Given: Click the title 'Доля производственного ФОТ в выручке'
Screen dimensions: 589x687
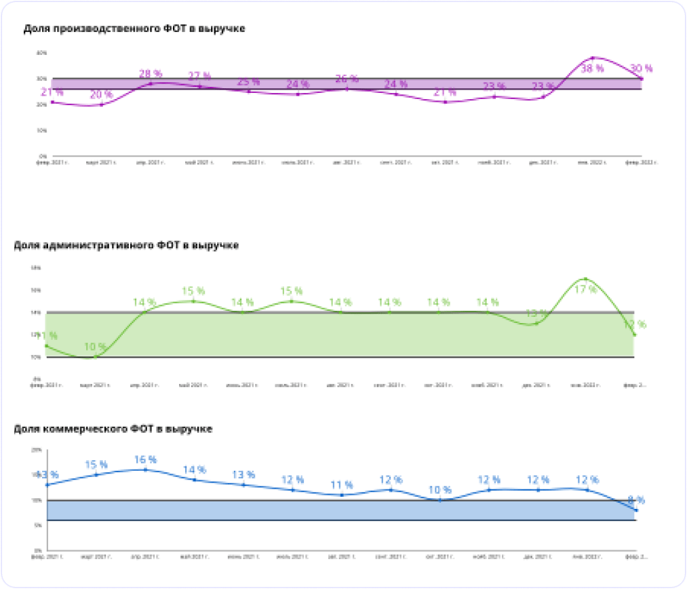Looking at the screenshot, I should [x=134, y=28].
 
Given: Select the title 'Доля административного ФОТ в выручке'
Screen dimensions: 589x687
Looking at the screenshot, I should [x=125, y=245].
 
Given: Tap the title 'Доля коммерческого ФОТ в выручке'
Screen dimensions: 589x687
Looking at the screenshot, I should [x=113, y=429].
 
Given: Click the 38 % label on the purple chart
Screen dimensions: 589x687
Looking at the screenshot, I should [x=592, y=68].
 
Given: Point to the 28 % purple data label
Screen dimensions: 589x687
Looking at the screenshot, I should [x=151, y=73].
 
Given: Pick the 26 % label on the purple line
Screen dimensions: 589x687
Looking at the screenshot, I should [x=347, y=79].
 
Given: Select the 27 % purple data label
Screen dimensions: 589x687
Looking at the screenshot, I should [x=199, y=76].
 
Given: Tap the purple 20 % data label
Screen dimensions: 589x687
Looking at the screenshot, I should [x=101, y=94].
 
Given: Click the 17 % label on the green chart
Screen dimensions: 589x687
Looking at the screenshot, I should [x=585, y=289].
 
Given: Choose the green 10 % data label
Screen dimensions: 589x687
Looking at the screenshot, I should [x=95, y=347].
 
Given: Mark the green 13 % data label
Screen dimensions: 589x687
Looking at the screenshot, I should [x=536, y=313].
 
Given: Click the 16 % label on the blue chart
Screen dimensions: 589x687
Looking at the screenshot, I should [x=145, y=459].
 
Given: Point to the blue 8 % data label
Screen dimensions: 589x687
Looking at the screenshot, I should [x=636, y=500].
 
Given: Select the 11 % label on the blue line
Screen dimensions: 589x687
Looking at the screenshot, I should [x=341, y=485].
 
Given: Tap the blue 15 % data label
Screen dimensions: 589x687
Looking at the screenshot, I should [x=96, y=465].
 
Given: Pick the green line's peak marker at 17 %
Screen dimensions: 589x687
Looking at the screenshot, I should [x=585, y=279].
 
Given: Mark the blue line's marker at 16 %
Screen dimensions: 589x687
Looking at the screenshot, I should [x=145, y=470].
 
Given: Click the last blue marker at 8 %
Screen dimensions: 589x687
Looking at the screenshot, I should [x=636, y=510].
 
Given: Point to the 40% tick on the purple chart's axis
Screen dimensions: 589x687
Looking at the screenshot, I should [x=41, y=52].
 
